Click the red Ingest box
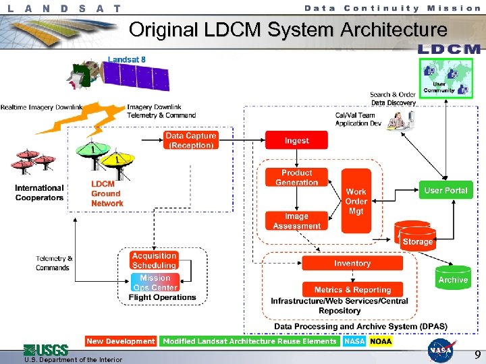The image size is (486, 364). tap(296, 140)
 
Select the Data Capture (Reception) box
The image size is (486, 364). tap(191, 140)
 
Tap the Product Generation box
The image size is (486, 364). tap(296, 178)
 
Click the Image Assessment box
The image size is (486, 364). tap(296, 221)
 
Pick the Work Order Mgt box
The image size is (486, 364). tap(356, 201)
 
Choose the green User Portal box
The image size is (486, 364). tap(446, 190)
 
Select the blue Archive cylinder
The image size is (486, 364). tap(452, 276)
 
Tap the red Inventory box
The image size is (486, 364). tap(352, 264)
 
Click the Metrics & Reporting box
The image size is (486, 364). tap(352, 289)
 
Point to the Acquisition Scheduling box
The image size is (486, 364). tap(154, 261)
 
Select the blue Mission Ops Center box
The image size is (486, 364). tap(155, 282)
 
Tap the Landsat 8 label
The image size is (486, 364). tap(126, 59)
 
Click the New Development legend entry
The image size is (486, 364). tap(121, 341)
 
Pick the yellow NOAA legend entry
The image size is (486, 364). tap(380, 341)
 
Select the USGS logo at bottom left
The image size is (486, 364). tap(46, 350)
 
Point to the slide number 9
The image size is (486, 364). tap(477, 354)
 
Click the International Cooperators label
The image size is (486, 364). tap(39, 193)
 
